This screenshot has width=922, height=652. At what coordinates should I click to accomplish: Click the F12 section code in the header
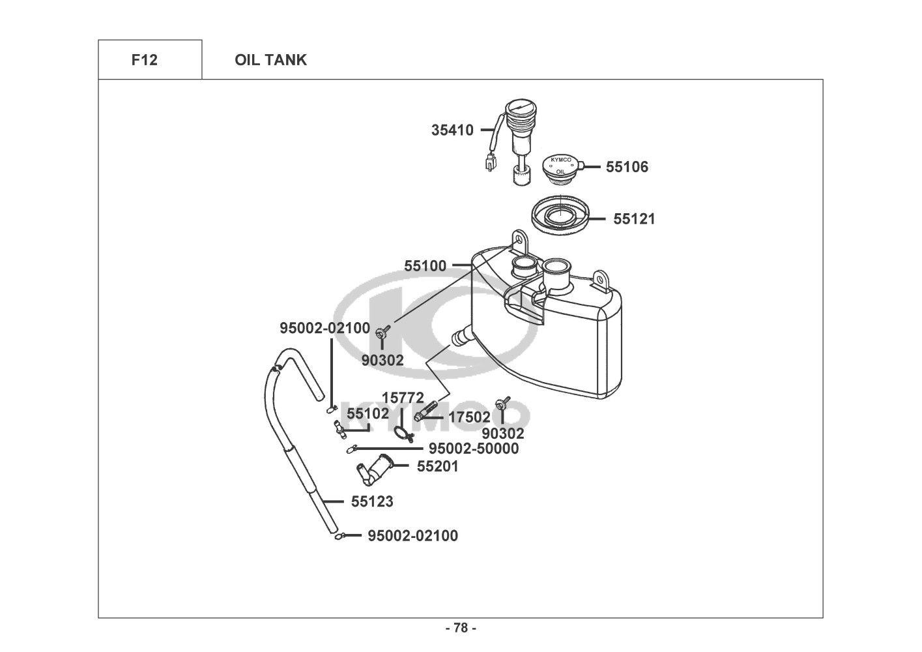(x=144, y=60)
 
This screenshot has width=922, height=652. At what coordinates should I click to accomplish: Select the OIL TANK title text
(x=270, y=60)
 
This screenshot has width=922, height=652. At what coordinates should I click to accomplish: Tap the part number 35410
(x=452, y=130)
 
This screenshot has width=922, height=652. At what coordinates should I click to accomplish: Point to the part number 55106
(x=627, y=167)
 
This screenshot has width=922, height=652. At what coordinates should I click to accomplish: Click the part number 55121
(x=634, y=218)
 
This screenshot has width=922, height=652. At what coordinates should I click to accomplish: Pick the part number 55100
(x=425, y=266)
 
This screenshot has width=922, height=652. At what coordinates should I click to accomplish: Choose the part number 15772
(x=403, y=398)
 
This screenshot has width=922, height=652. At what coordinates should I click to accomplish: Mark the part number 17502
(x=469, y=417)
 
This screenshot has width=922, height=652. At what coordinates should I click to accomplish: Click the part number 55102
(x=367, y=413)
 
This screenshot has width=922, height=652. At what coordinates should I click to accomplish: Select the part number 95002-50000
(x=474, y=449)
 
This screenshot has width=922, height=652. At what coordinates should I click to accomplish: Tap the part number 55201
(x=437, y=466)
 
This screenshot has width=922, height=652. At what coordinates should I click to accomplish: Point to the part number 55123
(x=372, y=501)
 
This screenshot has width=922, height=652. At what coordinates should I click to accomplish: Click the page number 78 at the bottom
(x=461, y=628)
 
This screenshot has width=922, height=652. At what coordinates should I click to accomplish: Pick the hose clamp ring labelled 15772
(x=403, y=434)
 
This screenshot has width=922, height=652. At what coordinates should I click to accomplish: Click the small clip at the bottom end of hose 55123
(x=339, y=536)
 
